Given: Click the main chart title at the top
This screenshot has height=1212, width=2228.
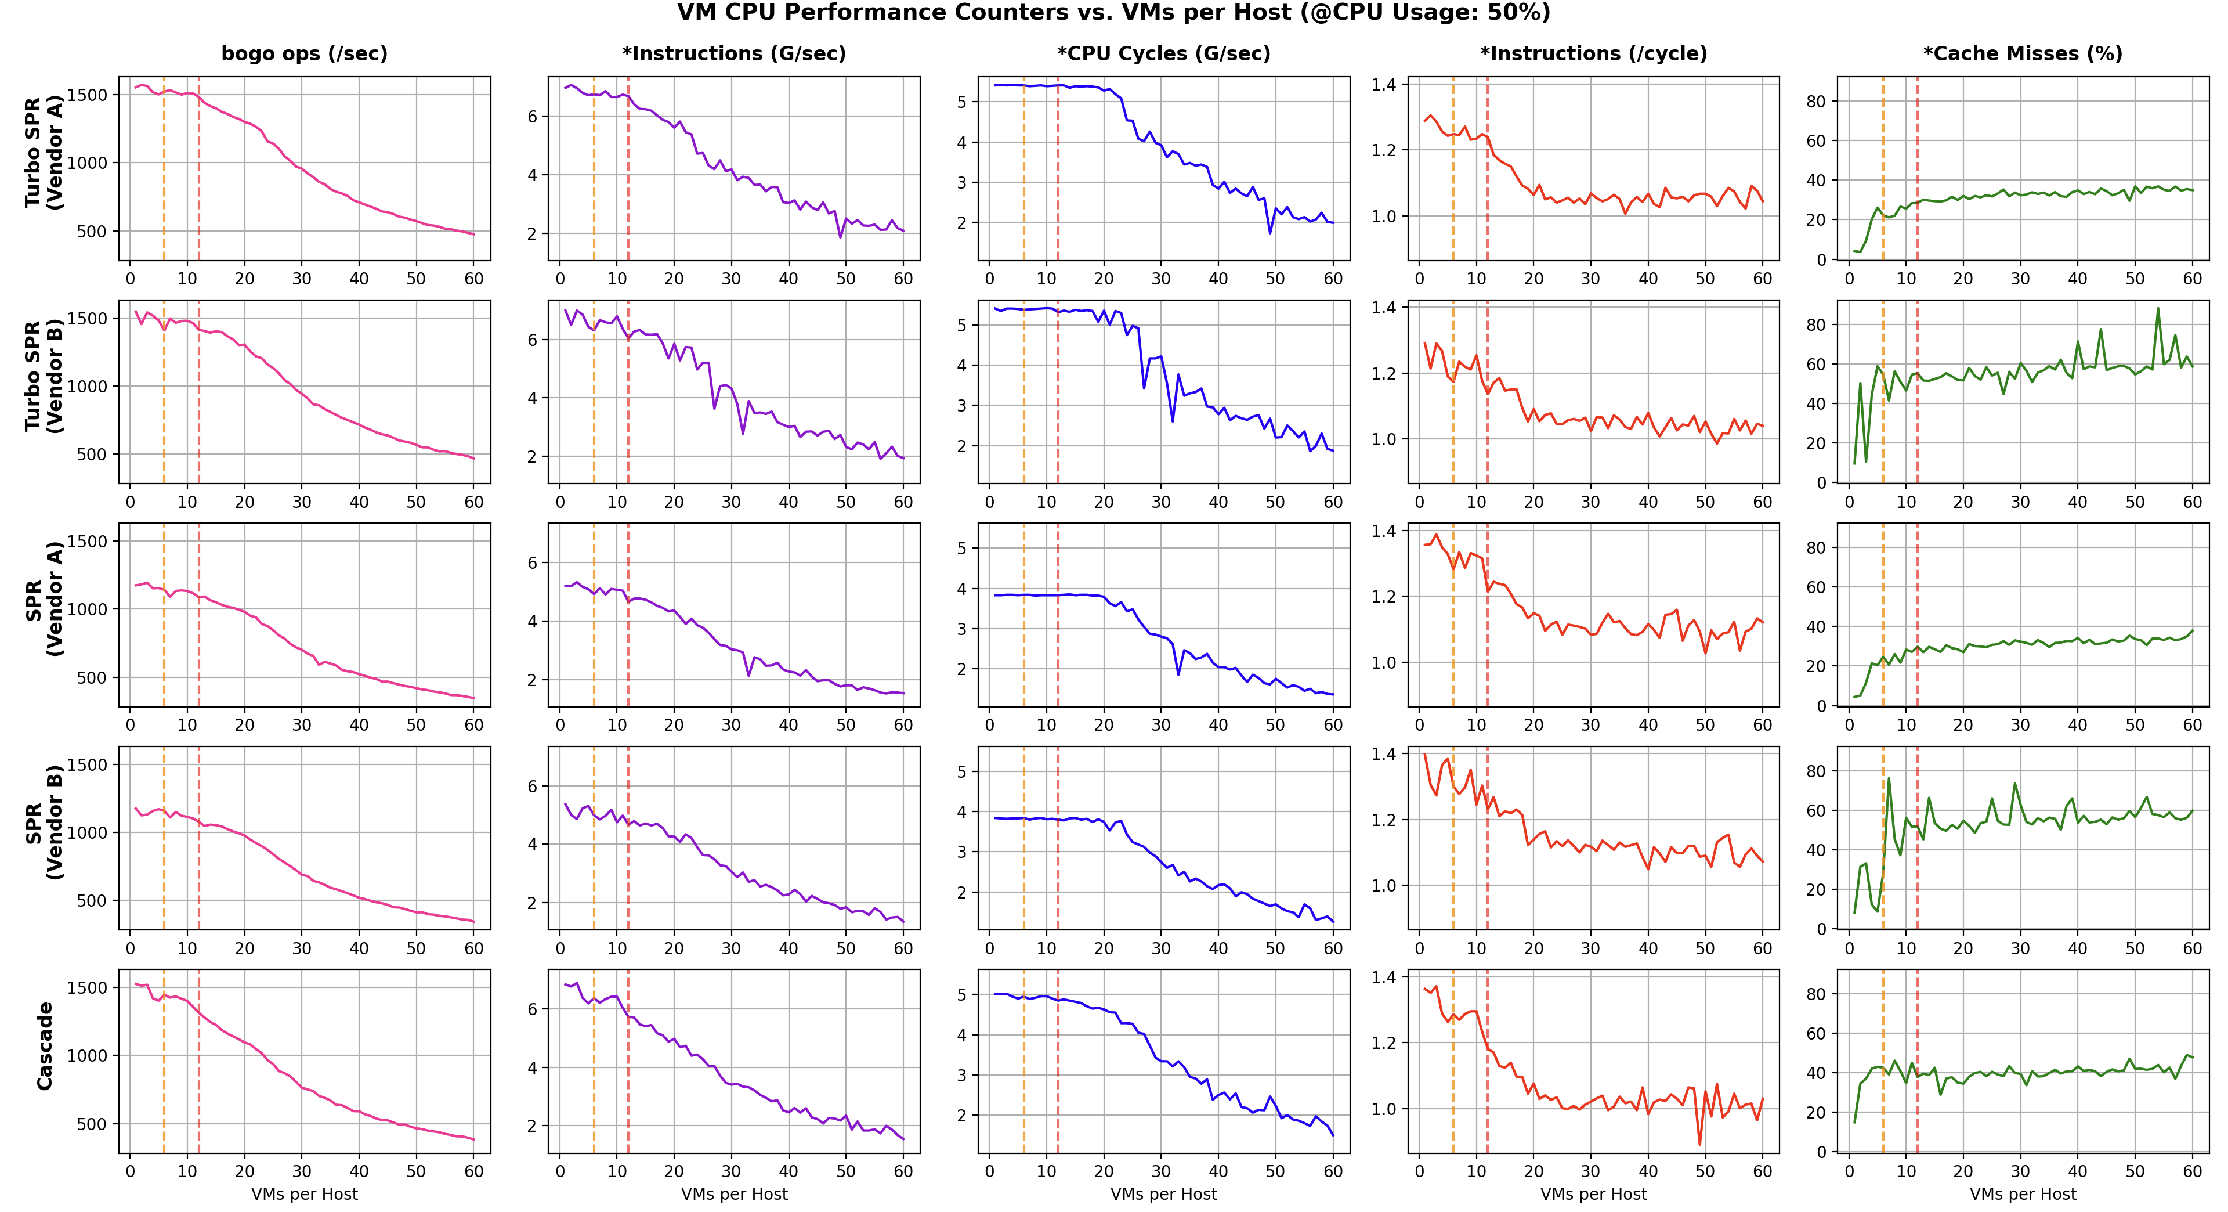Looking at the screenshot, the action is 1113,13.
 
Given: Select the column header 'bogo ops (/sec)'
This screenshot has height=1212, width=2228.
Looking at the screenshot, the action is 305,53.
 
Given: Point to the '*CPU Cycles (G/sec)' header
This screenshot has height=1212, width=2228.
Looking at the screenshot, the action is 1163,53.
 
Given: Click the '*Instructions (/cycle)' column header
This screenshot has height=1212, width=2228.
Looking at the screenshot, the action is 1593,53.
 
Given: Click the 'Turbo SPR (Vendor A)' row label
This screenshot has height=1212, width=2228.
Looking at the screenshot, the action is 44,152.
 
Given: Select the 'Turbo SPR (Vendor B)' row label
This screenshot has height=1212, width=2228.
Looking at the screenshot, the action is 44,376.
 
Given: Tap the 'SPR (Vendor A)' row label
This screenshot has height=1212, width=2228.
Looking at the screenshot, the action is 44,598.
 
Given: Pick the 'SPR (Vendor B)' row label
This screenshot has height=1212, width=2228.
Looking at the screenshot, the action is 44,822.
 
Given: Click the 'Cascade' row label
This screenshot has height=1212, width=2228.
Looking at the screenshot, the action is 45,1046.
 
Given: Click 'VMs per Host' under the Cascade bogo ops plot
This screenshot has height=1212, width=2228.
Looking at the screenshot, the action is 305,1195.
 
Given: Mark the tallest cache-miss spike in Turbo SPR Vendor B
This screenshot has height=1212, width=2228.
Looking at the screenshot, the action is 2158,308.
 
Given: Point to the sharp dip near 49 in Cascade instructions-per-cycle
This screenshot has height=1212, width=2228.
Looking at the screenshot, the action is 1699,1145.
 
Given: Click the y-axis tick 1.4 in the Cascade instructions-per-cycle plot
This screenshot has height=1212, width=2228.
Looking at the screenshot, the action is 1384,977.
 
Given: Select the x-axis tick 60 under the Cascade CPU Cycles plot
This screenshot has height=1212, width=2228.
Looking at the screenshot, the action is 1333,1171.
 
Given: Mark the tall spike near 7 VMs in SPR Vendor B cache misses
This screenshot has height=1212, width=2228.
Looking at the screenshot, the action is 1888,778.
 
